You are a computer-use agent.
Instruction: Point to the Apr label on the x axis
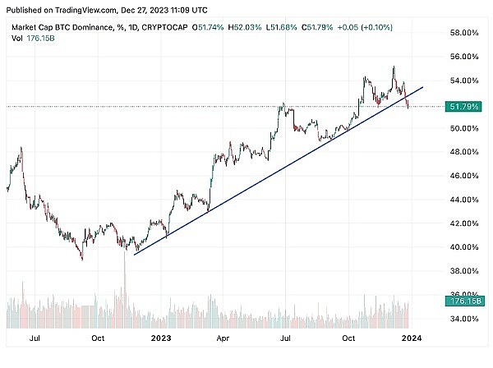pos(222,337)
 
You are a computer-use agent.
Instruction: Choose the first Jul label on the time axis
pos(35,337)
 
